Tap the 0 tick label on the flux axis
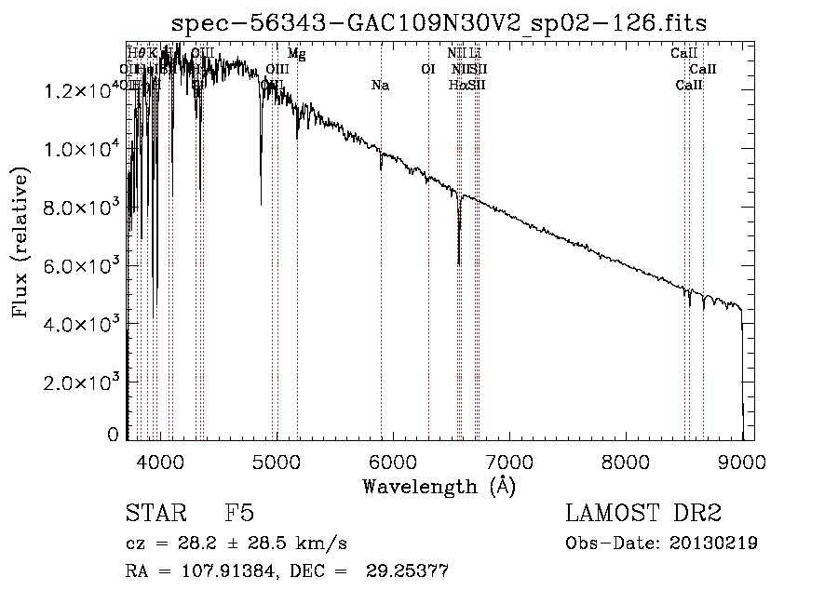coord(114,435)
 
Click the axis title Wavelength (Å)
coord(439,486)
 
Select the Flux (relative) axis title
coord(21,242)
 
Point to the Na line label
coord(380,86)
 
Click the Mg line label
coord(296,54)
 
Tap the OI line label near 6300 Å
coord(428,70)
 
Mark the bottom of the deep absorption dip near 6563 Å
coord(459,263)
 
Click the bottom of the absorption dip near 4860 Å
coord(262,203)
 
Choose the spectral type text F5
coord(239,514)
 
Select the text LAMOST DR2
coord(643,514)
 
